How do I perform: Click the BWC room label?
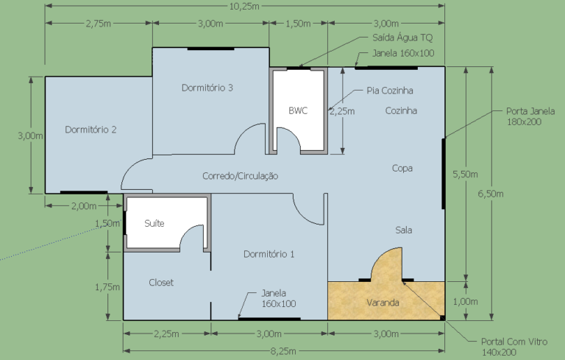tap(298, 110)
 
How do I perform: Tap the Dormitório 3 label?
tap(207, 88)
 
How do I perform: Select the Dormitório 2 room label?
tap(90, 130)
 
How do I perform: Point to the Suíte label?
tap(154, 223)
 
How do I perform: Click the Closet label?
tap(161, 282)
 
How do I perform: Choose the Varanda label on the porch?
tap(383, 303)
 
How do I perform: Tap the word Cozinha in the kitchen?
tap(401, 110)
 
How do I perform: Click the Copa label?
tap(402, 168)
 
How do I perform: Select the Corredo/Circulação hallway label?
tap(241, 176)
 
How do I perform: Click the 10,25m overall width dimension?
tap(244, 6)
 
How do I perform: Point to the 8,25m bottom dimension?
tap(283, 350)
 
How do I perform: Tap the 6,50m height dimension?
tap(491, 194)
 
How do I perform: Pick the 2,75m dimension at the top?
tap(99, 24)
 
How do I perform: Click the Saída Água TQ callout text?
tap(402, 38)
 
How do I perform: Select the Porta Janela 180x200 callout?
tap(530, 116)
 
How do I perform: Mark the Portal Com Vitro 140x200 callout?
tap(514, 347)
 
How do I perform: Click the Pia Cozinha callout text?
tap(390, 90)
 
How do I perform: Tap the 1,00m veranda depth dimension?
tap(465, 302)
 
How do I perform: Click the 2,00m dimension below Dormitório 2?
tap(84, 206)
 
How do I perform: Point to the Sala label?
tap(404, 230)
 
